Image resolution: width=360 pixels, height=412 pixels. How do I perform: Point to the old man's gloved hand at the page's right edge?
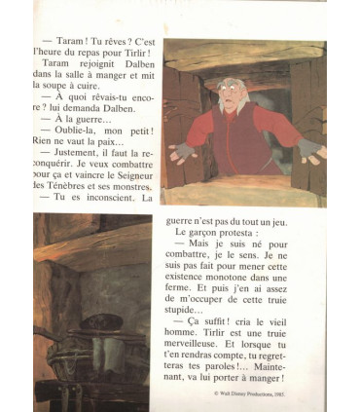(310, 149)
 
